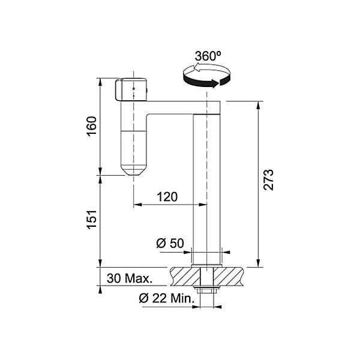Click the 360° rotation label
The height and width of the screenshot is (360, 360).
point(208,56)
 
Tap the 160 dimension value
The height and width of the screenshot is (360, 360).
point(92,126)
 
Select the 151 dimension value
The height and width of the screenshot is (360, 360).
point(92,219)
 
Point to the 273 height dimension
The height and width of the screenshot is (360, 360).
point(268,180)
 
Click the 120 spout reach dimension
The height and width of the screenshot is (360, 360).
point(167,197)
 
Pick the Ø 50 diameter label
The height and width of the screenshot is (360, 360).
point(170,243)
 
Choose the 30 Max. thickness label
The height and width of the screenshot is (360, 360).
point(130,278)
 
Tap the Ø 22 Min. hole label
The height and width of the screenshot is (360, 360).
point(167,298)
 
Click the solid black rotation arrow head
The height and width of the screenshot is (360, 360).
point(215,83)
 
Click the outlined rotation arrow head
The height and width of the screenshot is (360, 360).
point(197,68)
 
